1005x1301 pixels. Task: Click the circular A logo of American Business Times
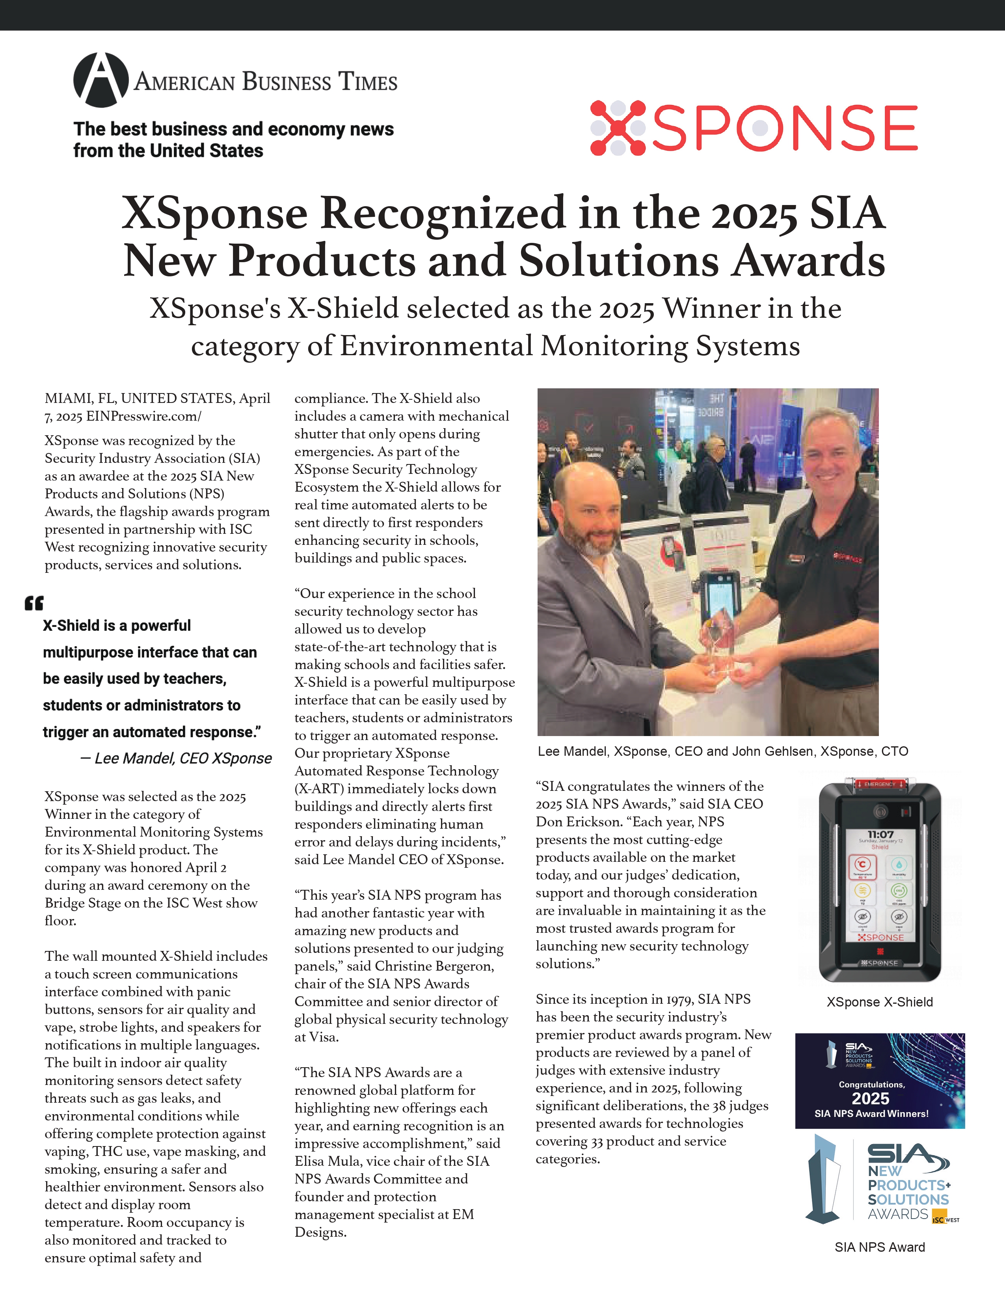pos(100,80)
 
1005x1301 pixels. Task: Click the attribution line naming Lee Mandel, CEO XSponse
pos(176,758)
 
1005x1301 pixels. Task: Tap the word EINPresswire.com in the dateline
pos(143,416)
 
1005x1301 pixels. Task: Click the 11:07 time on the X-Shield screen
pos(880,834)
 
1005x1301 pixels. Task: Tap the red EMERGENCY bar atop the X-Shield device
pos(880,785)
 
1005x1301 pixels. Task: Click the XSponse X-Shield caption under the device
pos(879,1002)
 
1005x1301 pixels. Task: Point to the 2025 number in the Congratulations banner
pos(871,1098)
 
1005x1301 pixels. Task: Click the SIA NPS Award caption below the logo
pos(879,1247)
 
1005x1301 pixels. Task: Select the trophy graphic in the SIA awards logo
pos(823,1180)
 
